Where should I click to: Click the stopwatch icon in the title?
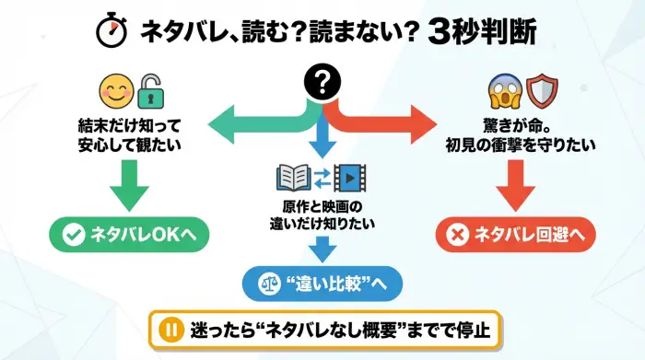coord(112,31)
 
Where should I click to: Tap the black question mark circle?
coord(322,86)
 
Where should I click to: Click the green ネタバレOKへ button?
coord(128,236)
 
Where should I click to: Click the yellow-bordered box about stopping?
coord(322,327)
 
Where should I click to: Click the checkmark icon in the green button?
coord(72,236)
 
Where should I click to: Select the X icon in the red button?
coord(455,236)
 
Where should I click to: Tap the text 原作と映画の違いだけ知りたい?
coord(322,214)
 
